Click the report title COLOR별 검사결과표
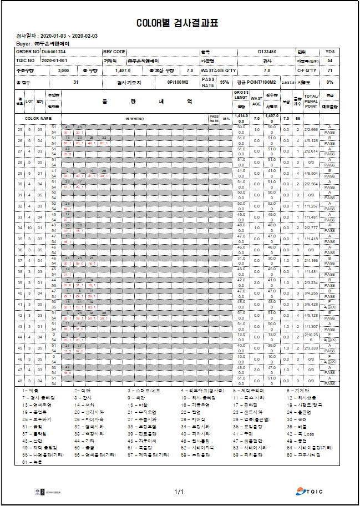point(178,23)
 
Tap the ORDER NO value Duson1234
point(54,52)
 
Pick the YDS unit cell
point(329,52)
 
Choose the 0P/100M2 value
point(178,82)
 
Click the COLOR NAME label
point(38,118)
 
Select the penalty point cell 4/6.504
point(311,174)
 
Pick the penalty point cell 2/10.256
point(311,337)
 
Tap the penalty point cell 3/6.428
point(311,304)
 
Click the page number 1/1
point(179,492)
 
